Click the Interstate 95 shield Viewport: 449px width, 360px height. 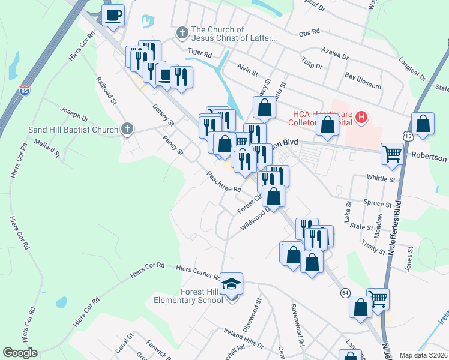tap(25, 91)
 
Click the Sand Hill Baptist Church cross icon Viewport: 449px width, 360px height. tap(126, 128)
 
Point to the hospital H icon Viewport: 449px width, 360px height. tap(361, 116)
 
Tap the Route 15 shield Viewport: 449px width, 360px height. tap(408, 137)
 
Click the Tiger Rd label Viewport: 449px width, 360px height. tap(200, 53)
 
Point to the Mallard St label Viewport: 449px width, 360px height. tap(48, 149)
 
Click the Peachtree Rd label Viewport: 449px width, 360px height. tap(223, 181)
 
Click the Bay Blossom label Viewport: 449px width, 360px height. tap(363, 81)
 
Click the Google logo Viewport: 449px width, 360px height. tap(20, 353)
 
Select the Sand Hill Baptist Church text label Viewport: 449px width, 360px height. tap(73, 130)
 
